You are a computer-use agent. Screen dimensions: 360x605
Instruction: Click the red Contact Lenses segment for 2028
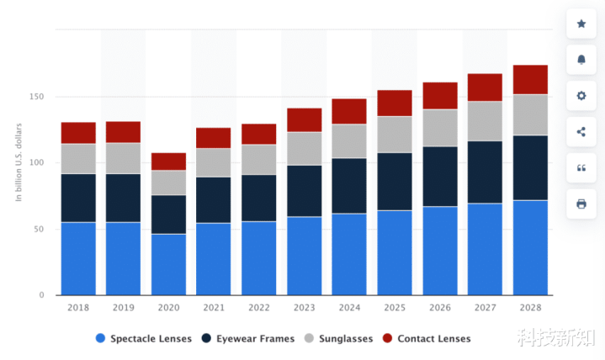click(530, 79)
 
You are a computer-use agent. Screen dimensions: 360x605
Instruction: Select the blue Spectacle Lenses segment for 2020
click(168, 264)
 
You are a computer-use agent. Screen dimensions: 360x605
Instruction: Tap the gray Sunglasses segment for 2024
click(349, 140)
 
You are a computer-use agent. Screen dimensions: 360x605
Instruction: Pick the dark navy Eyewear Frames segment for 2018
click(78, 198)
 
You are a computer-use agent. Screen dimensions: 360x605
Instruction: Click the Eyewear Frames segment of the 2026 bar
click(439, 177)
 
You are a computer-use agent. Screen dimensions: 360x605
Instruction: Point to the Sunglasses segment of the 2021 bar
click(214, 162)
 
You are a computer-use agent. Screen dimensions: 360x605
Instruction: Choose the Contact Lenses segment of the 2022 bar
click(258, 134)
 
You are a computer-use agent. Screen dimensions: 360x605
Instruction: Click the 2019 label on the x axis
click(124, 309)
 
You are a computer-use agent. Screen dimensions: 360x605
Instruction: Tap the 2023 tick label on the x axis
click(304, 309)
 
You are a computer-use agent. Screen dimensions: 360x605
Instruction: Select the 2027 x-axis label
click(485, 309)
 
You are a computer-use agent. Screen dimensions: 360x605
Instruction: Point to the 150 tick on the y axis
click(36, 97)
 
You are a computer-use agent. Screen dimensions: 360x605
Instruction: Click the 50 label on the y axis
click(39, 229)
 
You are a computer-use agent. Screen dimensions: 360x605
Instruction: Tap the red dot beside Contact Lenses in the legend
click(388, 338)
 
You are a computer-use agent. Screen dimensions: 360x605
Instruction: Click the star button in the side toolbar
click(581, 24)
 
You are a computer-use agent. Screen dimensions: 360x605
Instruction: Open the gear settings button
click(581, 96)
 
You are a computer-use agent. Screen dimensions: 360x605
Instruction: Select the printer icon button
click(581, 204)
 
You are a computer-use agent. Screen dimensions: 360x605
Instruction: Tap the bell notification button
click(581, 60)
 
